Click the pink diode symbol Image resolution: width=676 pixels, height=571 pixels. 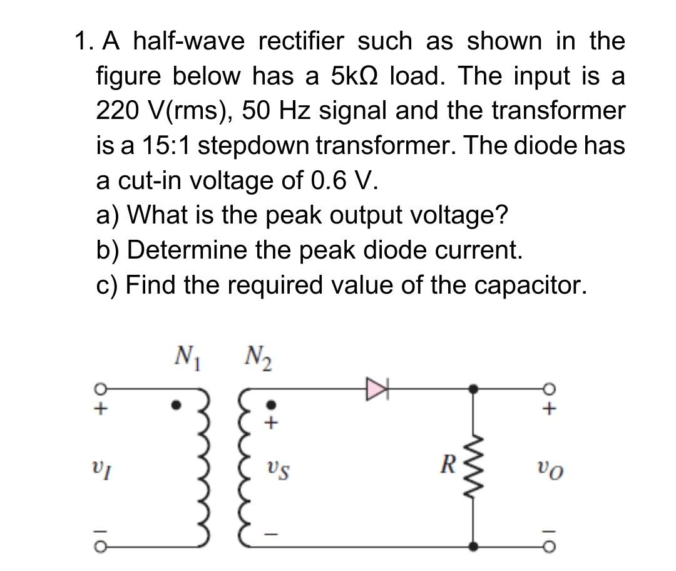pos(378,388)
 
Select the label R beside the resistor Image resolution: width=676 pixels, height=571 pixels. pos(446,465)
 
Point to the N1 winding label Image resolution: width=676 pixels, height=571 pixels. pos(186,358)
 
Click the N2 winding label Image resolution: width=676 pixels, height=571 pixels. pos(253,358)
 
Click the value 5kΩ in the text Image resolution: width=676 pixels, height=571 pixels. pos(355,77)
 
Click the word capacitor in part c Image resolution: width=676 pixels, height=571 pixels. pos(531,285)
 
